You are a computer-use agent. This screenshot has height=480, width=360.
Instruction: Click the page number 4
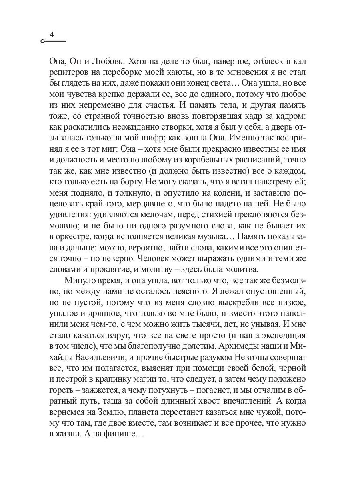52,35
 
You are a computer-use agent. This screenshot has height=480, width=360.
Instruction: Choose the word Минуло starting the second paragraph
82,281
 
